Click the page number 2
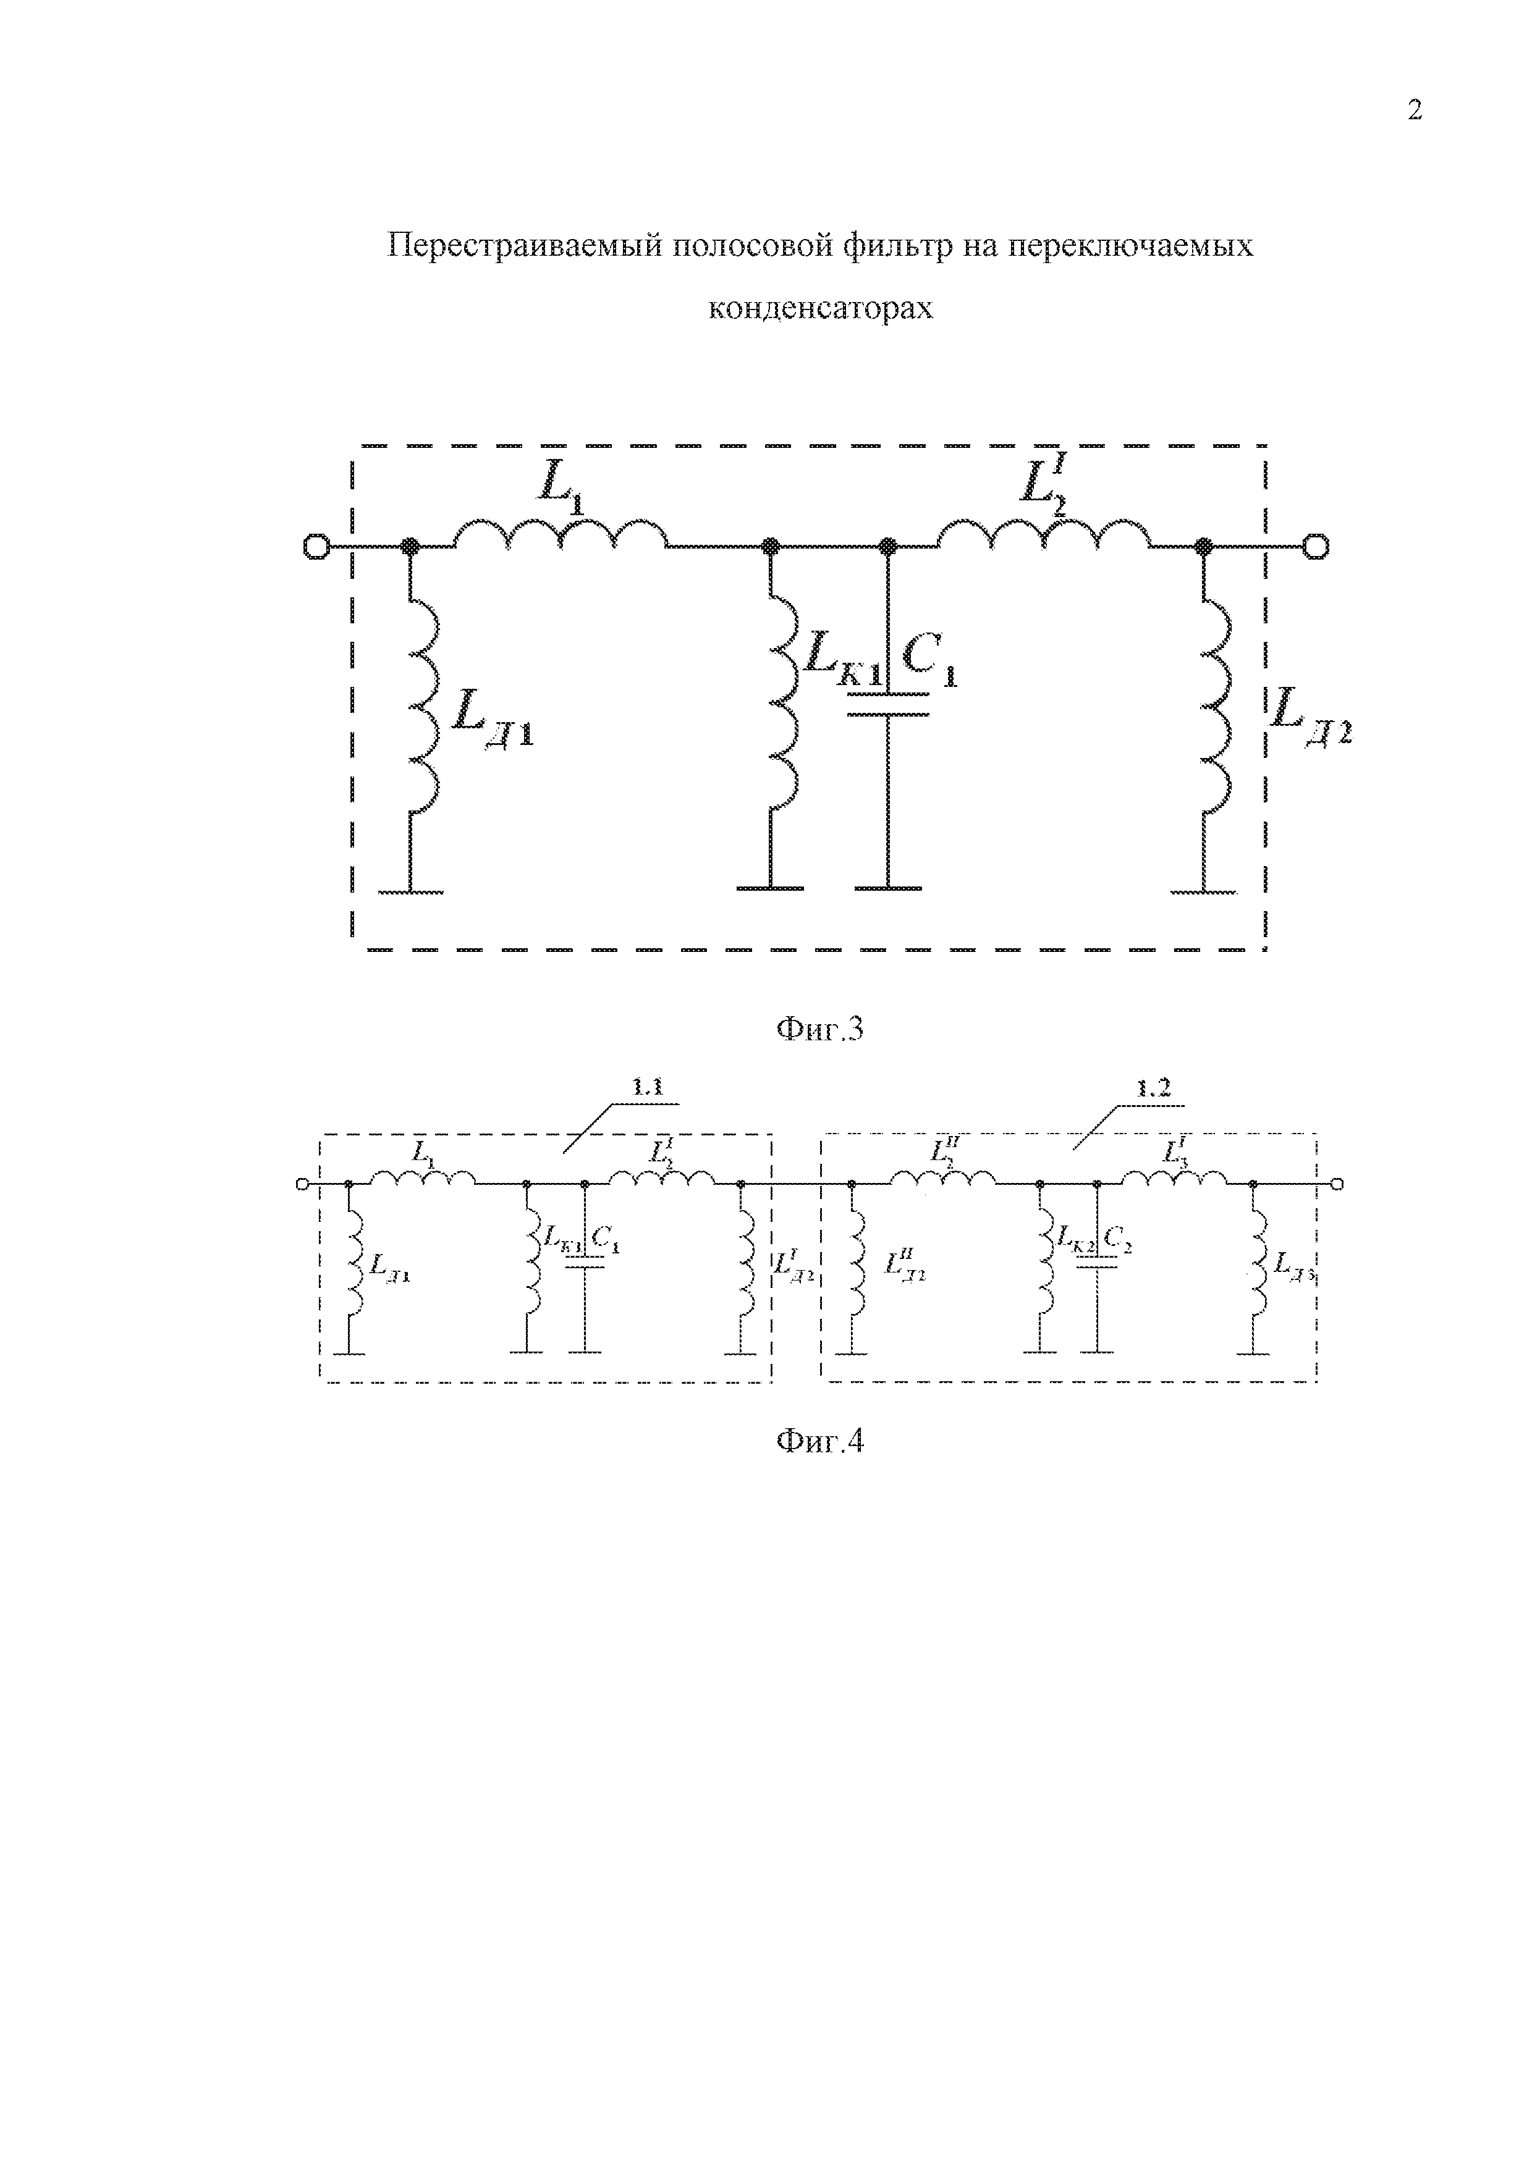[1414, 111]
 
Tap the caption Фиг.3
[819, 1028]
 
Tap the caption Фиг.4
[819, 1441]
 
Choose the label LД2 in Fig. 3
[1310, 715]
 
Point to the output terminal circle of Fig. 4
[1337, 1184]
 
